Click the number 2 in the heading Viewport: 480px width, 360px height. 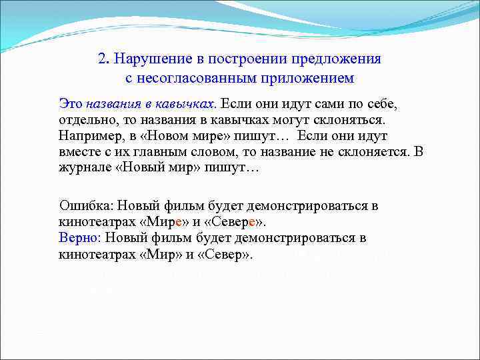(x=102, y=58)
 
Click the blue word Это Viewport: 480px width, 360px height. (x=71, y=104)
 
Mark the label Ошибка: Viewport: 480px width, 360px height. (x=86, y=206)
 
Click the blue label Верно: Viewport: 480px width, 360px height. (x=79, y=238)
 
